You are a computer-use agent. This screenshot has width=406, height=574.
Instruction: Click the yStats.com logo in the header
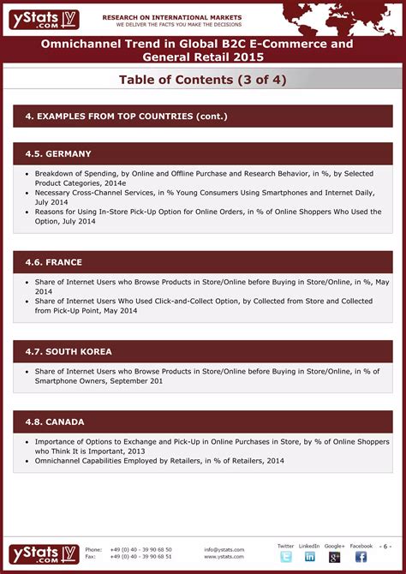[45, 19]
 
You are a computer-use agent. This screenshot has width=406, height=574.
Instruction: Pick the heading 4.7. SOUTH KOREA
[69, 351]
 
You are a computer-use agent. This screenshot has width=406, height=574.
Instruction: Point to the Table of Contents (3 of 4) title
[202, 80]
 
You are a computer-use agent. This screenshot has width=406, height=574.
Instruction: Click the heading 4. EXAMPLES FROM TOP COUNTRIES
[125, 117]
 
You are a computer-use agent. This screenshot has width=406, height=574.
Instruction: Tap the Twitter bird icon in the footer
[285, 557]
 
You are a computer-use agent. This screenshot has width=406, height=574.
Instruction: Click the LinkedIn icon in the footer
[309, 557]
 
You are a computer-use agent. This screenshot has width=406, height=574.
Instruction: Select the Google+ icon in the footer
[334, 557]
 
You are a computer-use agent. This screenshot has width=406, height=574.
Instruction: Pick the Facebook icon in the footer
[361, 557]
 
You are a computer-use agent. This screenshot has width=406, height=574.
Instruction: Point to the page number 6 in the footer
[386, 546]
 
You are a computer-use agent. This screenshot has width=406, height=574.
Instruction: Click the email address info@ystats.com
[224, 549]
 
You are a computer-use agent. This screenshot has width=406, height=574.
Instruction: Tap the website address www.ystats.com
[224, 557]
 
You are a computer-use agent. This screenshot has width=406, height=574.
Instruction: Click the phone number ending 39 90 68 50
[140, 549]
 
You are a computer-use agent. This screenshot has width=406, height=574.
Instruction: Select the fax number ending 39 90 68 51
[140, 557]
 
